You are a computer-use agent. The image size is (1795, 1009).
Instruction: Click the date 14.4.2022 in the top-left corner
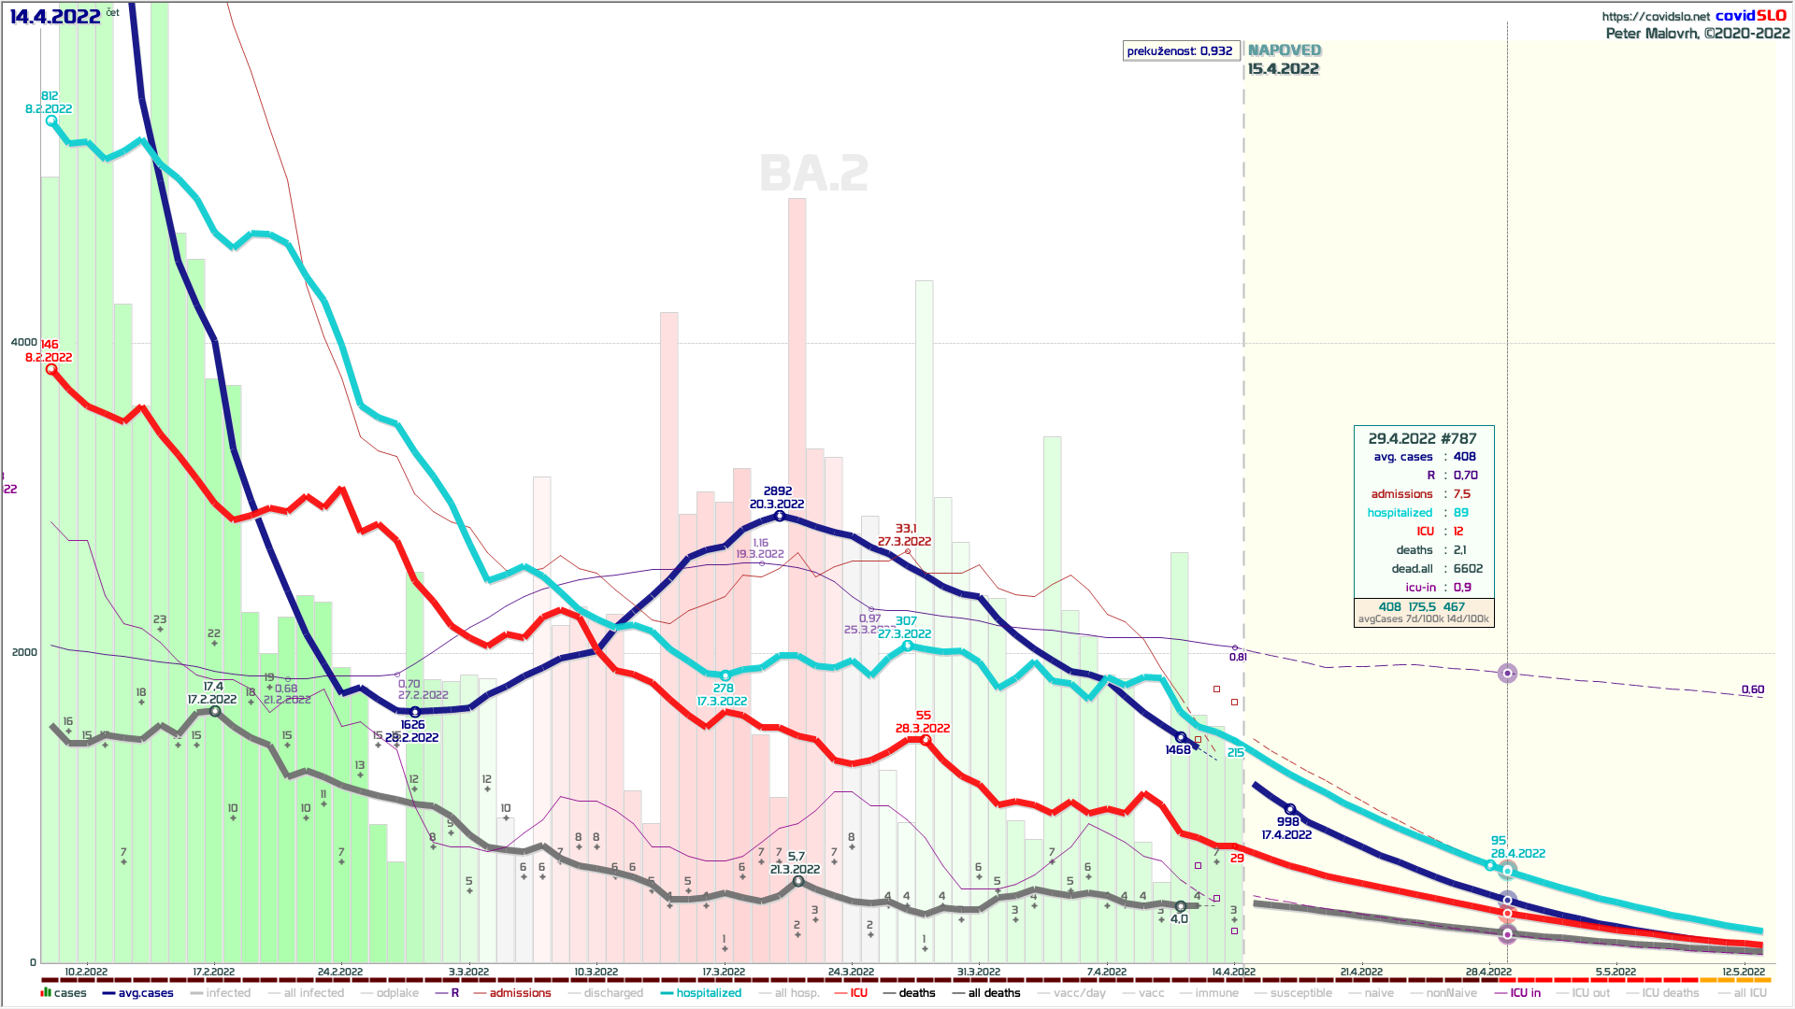[55, 16]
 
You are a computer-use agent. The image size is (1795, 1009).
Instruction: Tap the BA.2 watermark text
[813, 174]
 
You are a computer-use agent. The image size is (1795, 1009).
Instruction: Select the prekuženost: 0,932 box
[1180, 50]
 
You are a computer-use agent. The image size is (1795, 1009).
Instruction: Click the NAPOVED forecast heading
[1285, 50]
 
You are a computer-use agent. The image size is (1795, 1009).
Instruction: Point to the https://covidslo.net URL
[1655, 16]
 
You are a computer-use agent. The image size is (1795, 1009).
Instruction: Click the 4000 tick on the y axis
[24, 342]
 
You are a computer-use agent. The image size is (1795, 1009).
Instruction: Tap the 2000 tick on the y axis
[24, 652]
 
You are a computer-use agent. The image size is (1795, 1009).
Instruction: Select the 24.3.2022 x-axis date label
[851, 972]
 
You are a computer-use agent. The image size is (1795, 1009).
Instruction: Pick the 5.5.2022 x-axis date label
[1615, 972]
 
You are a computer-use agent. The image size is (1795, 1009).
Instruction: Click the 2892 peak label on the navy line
[777, 490]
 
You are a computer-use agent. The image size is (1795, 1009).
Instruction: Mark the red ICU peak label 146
[50, 345]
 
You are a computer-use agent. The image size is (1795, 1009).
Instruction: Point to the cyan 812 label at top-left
[50, 96]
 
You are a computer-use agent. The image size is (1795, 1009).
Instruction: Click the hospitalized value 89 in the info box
[1460, 513]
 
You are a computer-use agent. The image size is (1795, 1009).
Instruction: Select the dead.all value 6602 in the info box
[1468, 569]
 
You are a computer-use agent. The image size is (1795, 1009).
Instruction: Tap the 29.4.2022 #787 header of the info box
[1422, 438]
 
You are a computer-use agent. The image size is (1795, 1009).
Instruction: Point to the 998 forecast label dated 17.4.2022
[1287, 822]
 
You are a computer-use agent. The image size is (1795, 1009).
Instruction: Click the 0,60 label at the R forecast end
[1752, 689]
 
